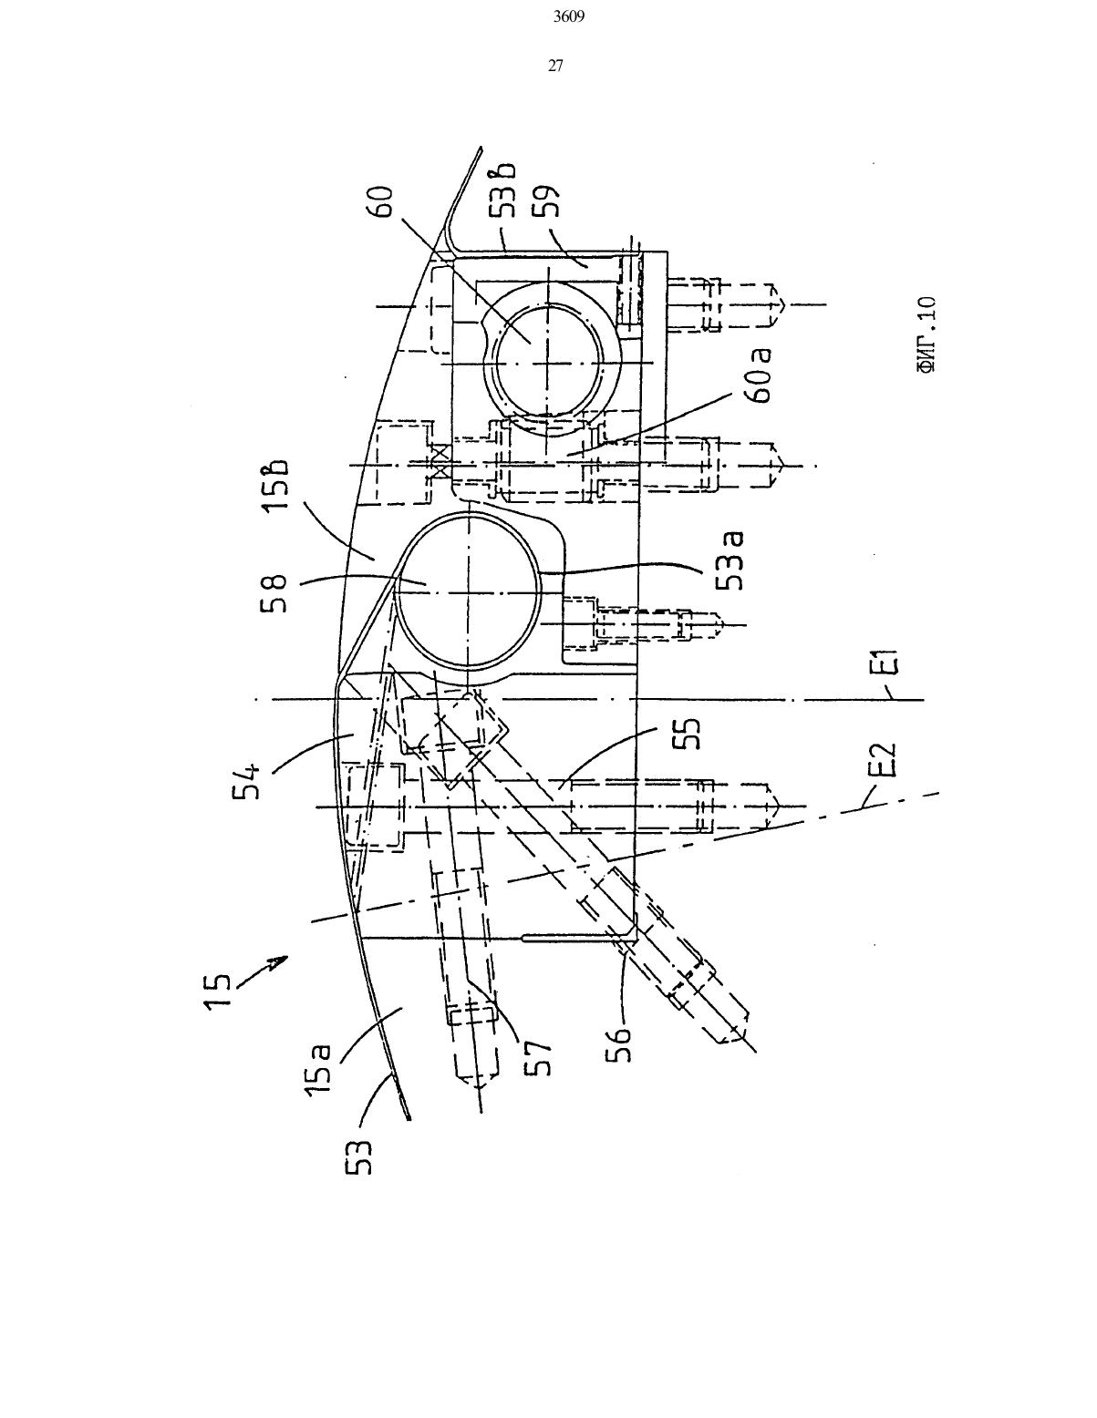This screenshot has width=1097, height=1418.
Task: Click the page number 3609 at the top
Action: [x=569, y=17]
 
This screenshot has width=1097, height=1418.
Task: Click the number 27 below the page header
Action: [x=555, y=66]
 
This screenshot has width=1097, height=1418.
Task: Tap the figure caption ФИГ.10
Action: [x=926, y=334]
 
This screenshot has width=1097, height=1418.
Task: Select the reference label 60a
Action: [x=761, y=375]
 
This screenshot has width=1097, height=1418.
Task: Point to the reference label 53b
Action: [x=503, y=189]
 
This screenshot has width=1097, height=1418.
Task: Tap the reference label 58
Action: [x=274, y=593]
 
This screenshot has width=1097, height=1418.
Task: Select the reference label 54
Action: [x=247, y=780]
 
